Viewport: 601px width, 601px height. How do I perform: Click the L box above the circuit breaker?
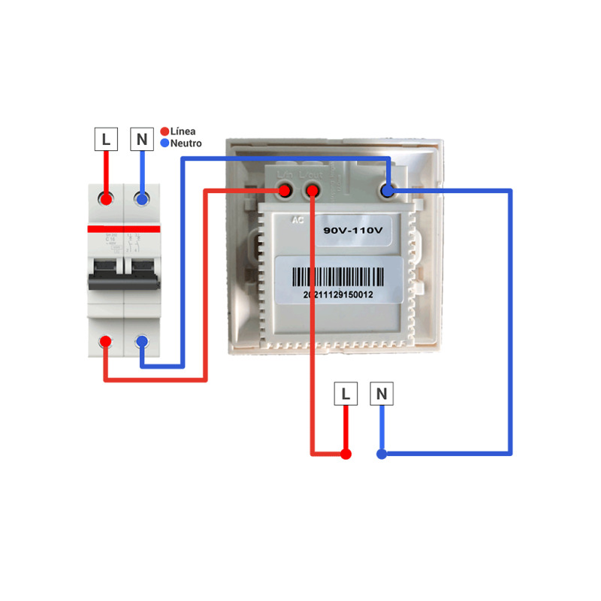[106, 139]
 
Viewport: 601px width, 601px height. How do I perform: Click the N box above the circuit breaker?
[141, 139]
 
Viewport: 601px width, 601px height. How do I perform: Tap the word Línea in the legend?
[183, 131]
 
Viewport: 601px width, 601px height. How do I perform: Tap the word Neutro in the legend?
[186, 143]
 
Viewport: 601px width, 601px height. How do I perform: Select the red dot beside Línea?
[165, 131]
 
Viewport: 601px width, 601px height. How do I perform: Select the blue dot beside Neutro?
[165, 143]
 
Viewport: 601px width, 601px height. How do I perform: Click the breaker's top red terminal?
[106, 199]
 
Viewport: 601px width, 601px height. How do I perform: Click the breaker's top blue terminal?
[141, 199]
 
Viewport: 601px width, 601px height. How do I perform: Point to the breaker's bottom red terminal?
[106, 342]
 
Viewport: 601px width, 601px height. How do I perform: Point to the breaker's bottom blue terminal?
[141, 342]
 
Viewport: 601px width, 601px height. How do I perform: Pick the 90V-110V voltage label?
[353, 231]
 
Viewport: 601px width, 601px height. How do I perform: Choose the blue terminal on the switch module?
[387, 192]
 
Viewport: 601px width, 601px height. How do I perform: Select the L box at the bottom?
[345, 394]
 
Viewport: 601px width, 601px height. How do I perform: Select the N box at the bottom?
[382, 394]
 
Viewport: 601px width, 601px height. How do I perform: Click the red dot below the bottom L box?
[345, 454]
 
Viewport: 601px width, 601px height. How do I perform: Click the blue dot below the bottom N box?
[382, 454]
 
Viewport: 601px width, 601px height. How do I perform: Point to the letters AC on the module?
[297, 221]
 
